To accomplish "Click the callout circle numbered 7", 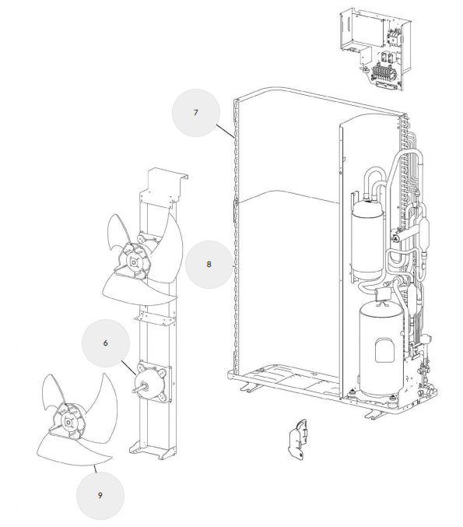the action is tap(196, 113).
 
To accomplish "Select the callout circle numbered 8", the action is tap(209, 264).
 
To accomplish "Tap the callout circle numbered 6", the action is tap(106, 343).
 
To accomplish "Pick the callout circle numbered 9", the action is tap(100, 495).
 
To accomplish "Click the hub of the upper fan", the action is tap(134, 262).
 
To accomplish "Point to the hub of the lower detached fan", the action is tap(68, 422).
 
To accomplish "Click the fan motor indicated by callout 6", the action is tap(152, 381).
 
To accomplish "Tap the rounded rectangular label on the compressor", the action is tap(384, 350).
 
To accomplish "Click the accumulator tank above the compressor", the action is tap(367, 240).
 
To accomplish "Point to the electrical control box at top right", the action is tap(374, 50).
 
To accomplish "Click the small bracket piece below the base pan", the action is tap(298, 439).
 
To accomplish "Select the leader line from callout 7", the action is tap(225, 132).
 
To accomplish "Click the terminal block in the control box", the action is tap(382, 72).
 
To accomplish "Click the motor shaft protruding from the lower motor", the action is tap(137, 389).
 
